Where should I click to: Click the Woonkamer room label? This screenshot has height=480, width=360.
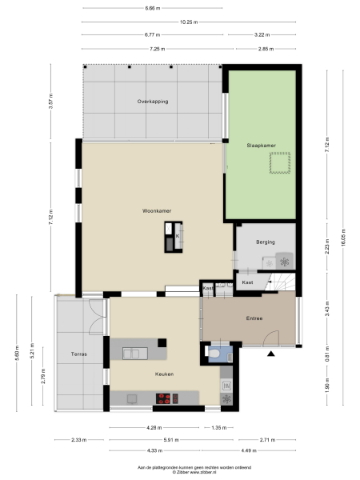[156, 210]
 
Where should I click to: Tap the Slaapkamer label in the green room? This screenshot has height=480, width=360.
[261, 145]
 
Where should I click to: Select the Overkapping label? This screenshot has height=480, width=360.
[152, 102]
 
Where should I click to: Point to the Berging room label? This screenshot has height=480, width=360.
[266, 241]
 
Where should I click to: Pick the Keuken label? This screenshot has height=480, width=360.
[165, 374]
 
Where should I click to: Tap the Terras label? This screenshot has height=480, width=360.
[78, 353]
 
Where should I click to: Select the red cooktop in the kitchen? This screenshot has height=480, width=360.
[165, 398]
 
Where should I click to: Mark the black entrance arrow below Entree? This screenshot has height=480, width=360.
[271, 353]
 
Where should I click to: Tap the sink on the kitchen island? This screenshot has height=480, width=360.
[133, 352]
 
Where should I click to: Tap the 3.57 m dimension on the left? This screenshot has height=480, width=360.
[50, 102]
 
